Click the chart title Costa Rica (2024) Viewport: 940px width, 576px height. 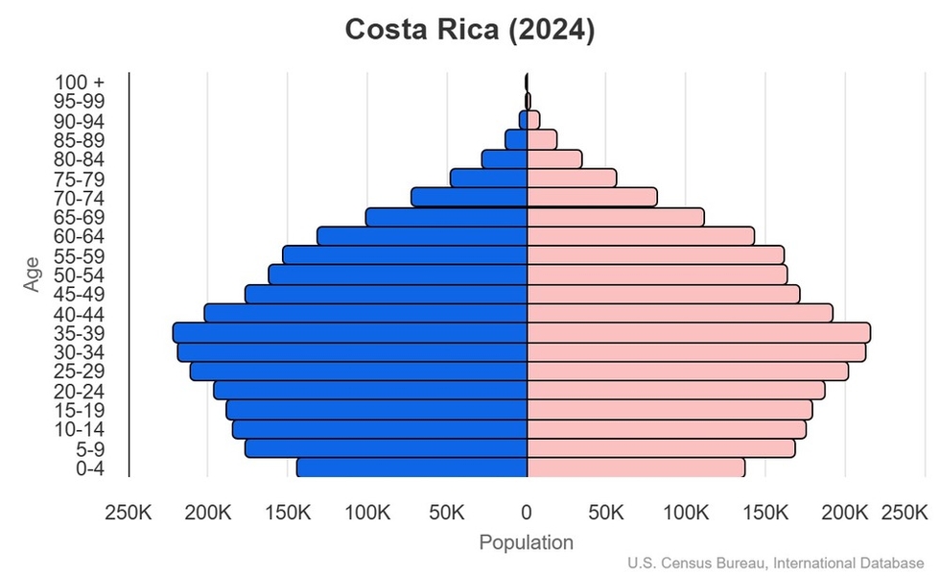470,30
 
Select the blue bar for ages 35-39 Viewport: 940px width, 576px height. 350,333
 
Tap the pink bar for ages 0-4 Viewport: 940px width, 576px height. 636,468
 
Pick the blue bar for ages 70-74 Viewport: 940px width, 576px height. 469,197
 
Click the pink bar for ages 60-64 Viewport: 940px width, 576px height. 641,236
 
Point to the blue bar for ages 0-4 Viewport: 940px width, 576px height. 411,468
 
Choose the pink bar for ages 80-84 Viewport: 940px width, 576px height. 554,159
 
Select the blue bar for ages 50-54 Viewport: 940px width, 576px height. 398,275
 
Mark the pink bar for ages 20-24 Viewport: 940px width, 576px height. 675,391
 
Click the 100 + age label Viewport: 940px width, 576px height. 79,83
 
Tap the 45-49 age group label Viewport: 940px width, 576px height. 79,295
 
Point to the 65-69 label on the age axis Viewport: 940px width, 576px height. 79,217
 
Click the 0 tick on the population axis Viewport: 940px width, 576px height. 527,514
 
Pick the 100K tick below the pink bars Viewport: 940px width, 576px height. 686,514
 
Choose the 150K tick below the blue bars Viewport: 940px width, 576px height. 288,514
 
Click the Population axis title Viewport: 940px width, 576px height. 527,542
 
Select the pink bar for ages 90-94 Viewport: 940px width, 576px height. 533,120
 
